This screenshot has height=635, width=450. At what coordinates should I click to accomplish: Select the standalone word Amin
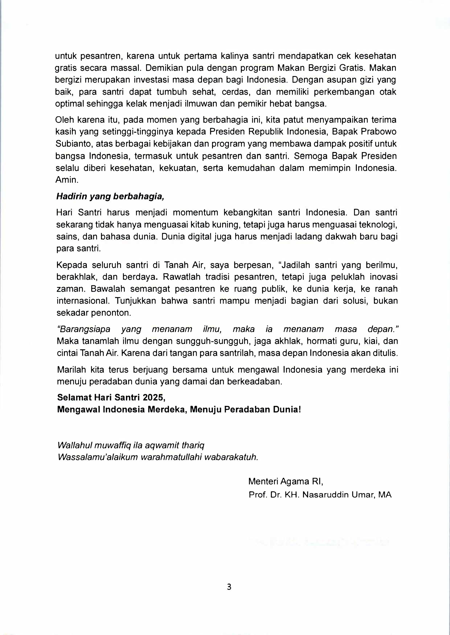pyautogui.click(x=67, y=180)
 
